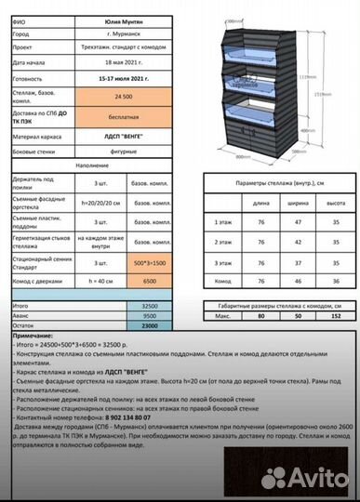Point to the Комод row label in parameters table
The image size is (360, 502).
click(222, 280)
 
